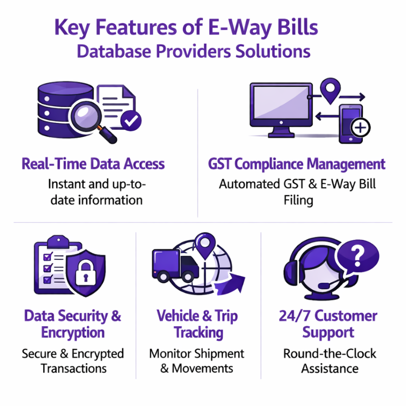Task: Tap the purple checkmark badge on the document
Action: (131, 120)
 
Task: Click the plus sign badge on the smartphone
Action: (360, 127)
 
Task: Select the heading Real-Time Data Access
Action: (93, 164)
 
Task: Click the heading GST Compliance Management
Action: (296, 164)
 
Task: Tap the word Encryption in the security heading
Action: (73, 333)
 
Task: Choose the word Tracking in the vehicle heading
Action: (198, 333)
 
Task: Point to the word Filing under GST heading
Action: (298, 200)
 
